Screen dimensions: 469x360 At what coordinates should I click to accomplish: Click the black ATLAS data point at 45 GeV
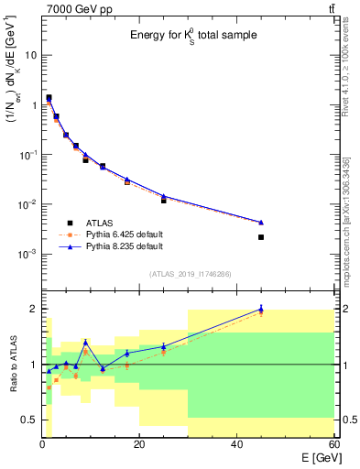(x=261, y=237)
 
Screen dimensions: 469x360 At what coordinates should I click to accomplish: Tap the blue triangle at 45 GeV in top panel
(x=261, y=222)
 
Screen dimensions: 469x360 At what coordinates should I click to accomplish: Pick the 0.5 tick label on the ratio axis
(x=29, y=420)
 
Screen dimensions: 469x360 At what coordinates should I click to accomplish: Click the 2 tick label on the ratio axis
(x=34, y=309)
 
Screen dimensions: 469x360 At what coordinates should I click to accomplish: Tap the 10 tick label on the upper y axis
(x=30, y=55)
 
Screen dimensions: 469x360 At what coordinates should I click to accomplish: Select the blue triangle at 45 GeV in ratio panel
(x=261, y=309)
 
